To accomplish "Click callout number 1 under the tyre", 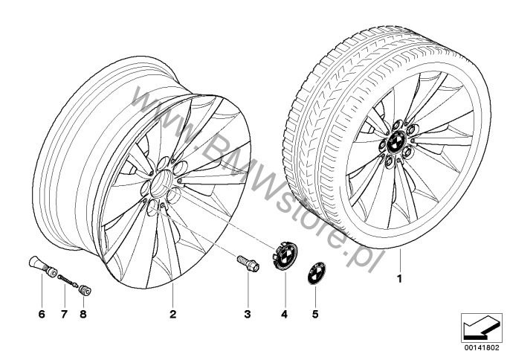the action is point(400,279).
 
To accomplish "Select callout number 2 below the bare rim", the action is point(172,314).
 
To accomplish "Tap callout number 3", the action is point(248,314).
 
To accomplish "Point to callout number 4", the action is point(285,314).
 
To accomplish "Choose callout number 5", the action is point(315,314).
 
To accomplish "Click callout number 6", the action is point(42,314).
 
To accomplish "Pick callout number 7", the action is point(64,314).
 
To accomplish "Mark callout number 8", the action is point(83,314).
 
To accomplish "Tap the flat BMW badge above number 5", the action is point(315,273).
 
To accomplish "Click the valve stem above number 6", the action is point(42,267).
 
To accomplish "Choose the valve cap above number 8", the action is point(85,289).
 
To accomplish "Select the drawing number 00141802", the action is point(482,347).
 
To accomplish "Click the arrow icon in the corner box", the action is point(481,327).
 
